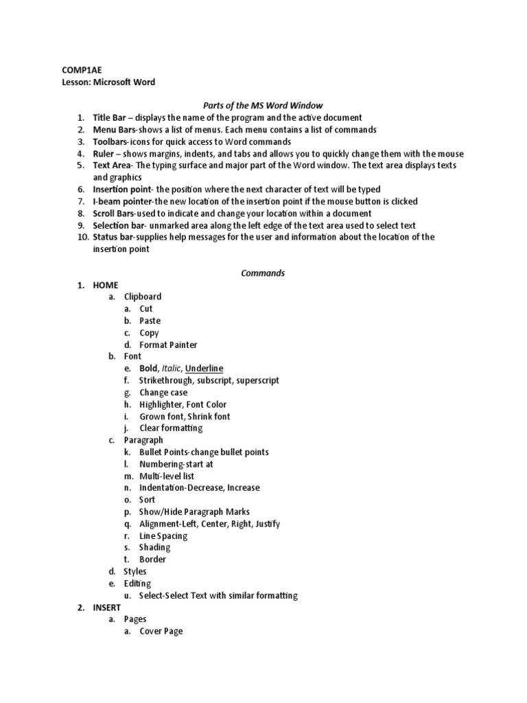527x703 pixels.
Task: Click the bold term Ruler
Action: pyautogui.click(x=104, y=154)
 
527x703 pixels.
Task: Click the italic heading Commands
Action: pyautogui.click(x=263, y=273)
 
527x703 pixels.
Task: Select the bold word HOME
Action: pyautogui.click(x=106, y=285)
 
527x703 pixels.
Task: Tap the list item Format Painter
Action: pyautogui.click(x=168, y=345)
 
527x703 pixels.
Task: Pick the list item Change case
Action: pyautogui.click(x=163, y=393)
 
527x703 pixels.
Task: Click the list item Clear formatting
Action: pyautogui.click(x=171, y=428)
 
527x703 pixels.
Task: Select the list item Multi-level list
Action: pyautogui.click(x=167, y=476)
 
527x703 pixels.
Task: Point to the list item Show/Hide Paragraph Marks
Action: pyautogui.click(x=194, y=511)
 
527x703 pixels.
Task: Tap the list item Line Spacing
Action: pyautogui.click(x=163, y=535)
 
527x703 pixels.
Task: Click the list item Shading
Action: pyautogui.click(x=154, y=547)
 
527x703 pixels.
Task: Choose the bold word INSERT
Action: pyautogui.click(x=107, y=608)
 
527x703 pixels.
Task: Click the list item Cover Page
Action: pyautogui.click(x=161, y=631)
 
